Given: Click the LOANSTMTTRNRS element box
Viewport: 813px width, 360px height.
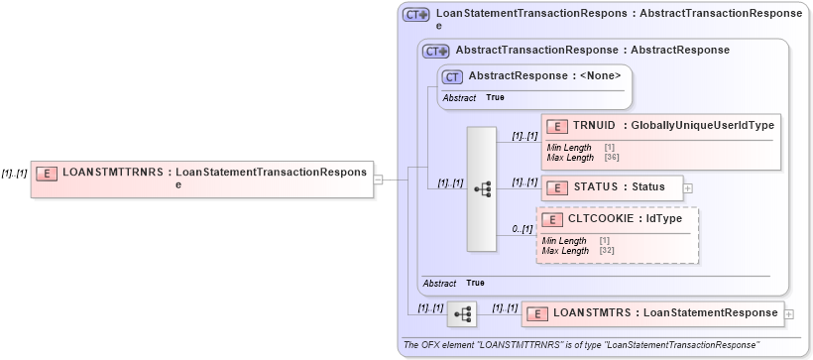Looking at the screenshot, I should pyautogui.click(x=202, y=179).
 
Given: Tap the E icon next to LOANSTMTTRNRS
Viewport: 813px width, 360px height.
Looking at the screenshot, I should pyautogui.click(x=46, y=173).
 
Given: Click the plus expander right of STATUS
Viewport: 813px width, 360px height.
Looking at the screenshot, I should pyautogui.click(x=688, y=187).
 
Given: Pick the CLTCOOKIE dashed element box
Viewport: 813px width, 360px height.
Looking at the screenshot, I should pyautogui.click(x=617, y=235).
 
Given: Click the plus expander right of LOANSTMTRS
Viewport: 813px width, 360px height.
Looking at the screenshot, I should pyautogui.click(x=789, y=314).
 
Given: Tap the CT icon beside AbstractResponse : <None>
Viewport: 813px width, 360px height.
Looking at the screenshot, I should pyautogui.click(x=452, y=76).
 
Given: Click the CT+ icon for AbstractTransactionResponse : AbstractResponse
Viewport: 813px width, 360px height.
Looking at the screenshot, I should pyautogui.click(x=436, y=51).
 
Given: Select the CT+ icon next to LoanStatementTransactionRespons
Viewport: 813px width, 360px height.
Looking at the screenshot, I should pyautogui.click(x=415, y=15).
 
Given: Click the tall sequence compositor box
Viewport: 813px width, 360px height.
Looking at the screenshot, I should pyautogui.click(x=481, y=188).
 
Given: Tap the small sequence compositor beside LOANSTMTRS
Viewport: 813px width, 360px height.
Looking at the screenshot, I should pyautogui.click(x=461, y=313).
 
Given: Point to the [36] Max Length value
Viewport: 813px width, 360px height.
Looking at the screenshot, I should pyautogui.click(x=611, y=157).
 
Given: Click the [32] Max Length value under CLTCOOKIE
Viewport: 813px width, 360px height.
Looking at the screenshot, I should pyautogui.click(x=607, y=251).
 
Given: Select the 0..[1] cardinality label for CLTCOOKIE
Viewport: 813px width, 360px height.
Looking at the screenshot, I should pyautogui.click(x=522, y=229).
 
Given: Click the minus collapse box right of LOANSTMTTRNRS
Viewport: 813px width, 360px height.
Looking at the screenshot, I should pyautogui.click(x=378, y=179).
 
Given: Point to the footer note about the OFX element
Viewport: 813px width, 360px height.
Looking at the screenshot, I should pyautogui.click(x=581, y=345).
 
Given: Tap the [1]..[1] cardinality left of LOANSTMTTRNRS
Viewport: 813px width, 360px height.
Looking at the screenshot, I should pyautogui.click(x=14, y=173).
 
